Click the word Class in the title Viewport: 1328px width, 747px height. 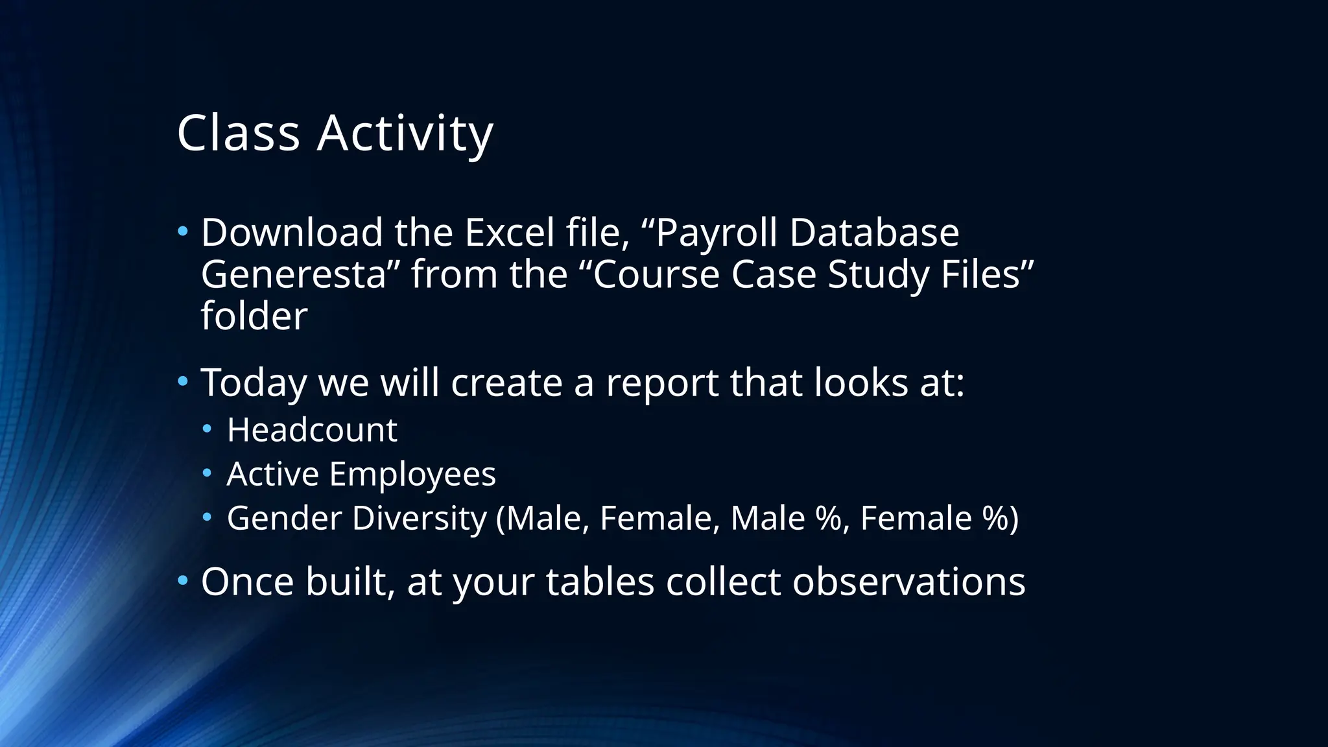pyautogui.click(x=238, y=133)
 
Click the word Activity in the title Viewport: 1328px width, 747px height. pyautogui.click(x=405, y=134)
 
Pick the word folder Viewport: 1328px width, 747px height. pyautogui.click(x=254, y=316)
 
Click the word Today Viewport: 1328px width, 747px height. pyautogui.click(x=254, y=383)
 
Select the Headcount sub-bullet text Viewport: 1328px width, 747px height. pyautogui.click(x=312, y=430)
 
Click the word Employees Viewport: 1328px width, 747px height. pyautogui.click(x=412, y=475)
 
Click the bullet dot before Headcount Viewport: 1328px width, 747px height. pyautogui.click(x=207, y=429)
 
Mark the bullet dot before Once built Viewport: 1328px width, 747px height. pyautogui.click(x=183, y=580)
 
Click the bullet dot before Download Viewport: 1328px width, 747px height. pyautogui.click(x=183, y=231)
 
